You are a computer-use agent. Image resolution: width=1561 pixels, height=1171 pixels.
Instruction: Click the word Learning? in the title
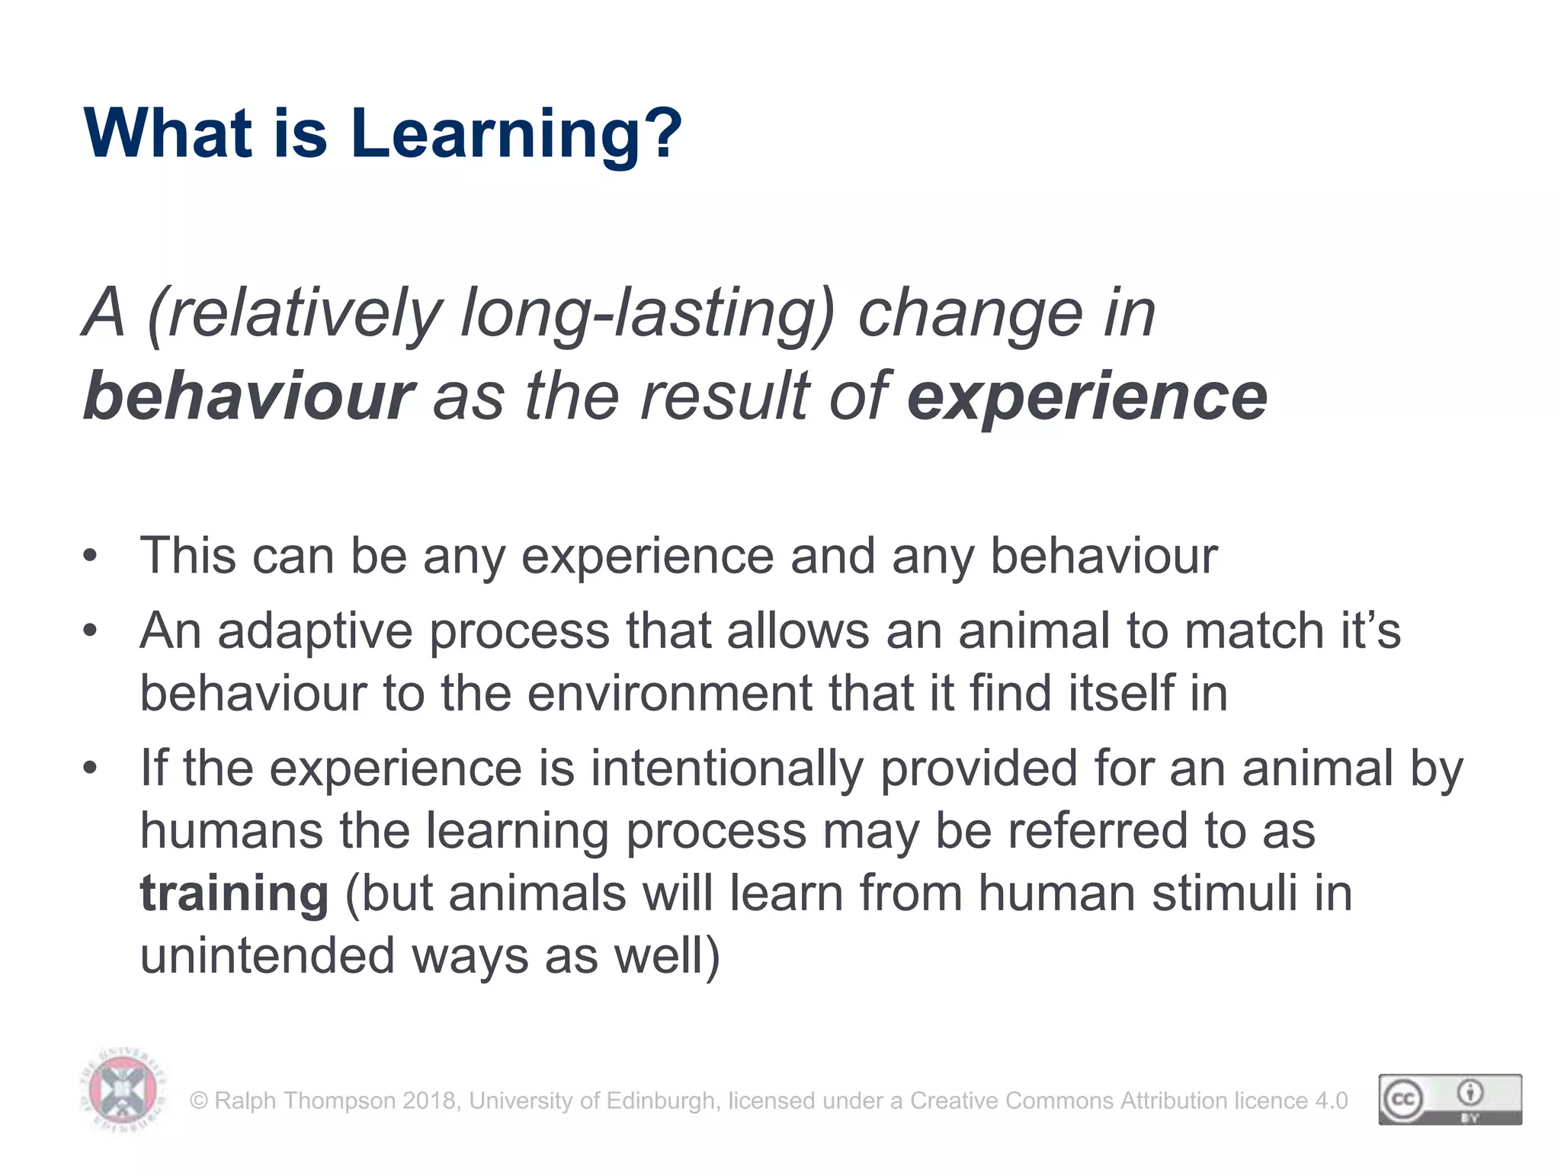coord(515,134)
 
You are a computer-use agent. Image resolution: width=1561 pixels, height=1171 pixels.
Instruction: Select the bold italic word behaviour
coord(248,396)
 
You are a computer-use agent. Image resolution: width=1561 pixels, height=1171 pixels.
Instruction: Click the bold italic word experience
coord(1087,396)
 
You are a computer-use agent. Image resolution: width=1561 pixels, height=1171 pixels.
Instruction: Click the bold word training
coord(234,893)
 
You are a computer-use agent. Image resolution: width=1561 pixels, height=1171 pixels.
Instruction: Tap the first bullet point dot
coord(91,555)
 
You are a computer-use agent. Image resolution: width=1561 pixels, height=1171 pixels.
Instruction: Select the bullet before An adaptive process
coord(91,630)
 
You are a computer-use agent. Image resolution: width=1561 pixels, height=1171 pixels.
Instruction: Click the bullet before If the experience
coord(91,767)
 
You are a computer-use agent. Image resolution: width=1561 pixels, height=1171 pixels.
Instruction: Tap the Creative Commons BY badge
coord(1450,1099)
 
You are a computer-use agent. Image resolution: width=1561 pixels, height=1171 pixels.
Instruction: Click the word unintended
coord(268,955)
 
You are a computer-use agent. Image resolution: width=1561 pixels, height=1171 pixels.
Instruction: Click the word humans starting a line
coord(232,830)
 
